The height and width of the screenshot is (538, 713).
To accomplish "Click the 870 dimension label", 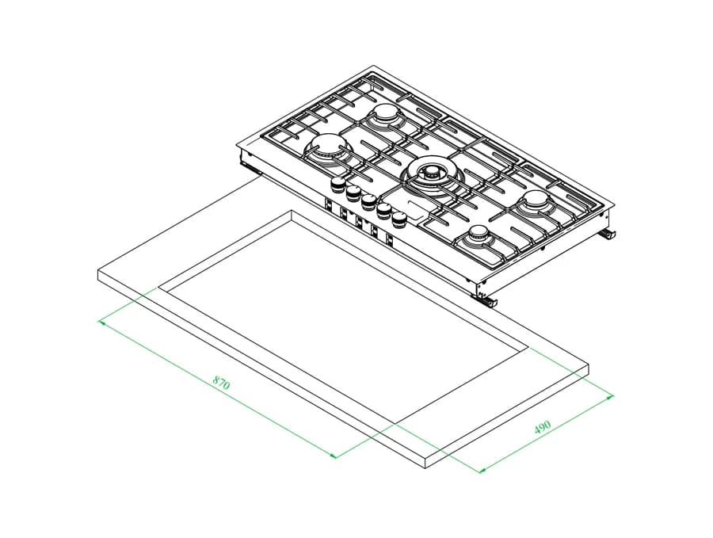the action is pos(222,383).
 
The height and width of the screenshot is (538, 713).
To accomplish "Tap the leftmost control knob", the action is pos(337,184).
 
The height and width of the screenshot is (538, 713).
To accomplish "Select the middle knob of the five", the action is pos(368,200).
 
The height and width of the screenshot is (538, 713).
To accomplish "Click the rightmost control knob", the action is pos(398,219).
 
